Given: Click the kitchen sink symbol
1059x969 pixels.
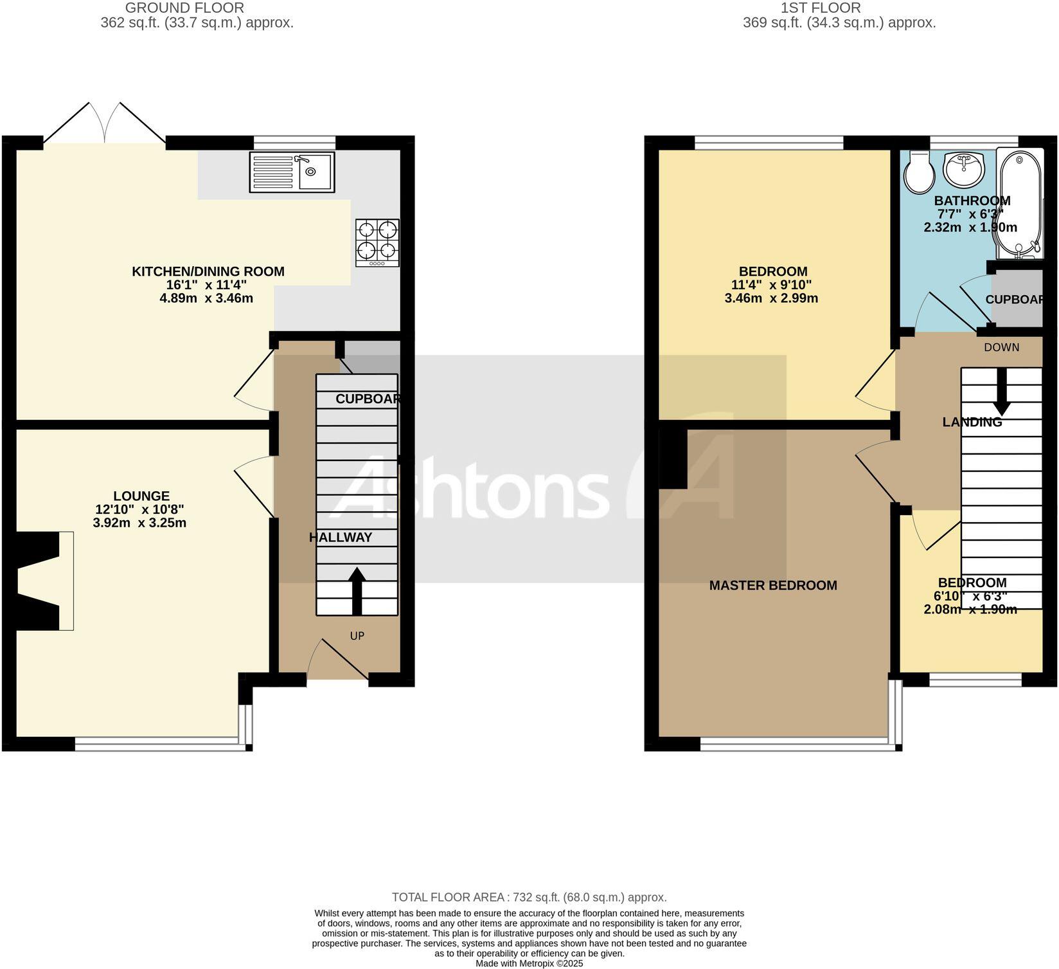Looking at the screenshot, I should pos(292,172).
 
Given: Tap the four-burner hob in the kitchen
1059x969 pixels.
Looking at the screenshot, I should pos(377,243).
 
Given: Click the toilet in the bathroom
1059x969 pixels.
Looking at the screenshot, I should pos(919,171).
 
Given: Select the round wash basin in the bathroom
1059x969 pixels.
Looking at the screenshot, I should pos(963,168).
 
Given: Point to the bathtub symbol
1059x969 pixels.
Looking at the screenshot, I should pos(1019,203).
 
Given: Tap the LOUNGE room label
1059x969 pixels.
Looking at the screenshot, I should pos(141,496).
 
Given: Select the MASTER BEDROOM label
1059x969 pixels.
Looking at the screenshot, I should pos(773,585).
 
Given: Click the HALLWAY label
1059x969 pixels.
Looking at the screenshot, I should pos(341,538).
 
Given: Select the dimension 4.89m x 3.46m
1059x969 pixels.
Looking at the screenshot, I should pos(206,298).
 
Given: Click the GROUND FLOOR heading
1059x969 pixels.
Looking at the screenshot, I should pos(184,8).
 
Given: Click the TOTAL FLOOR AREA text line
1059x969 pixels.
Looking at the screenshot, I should pos(529,897).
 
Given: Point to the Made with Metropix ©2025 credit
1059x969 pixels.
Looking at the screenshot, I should pos(529,963).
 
